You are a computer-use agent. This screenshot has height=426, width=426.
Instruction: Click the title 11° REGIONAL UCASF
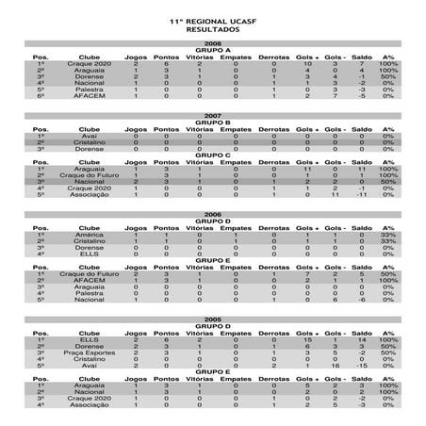(213, 19)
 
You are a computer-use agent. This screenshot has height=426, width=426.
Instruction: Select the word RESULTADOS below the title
(213, 28)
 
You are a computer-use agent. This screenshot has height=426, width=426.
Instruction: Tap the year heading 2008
(213, 43)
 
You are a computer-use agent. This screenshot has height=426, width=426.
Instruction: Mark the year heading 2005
(213, 321)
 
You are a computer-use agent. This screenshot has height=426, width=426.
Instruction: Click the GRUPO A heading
(213, 50)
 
